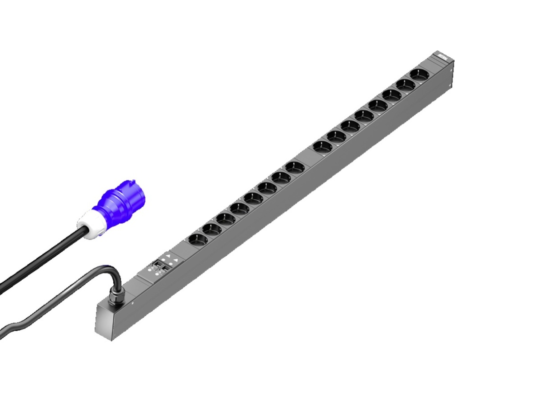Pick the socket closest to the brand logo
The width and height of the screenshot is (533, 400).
pos(419,74)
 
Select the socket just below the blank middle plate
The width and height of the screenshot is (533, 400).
pos(294,167)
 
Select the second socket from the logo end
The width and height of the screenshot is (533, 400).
pos(406,84)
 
